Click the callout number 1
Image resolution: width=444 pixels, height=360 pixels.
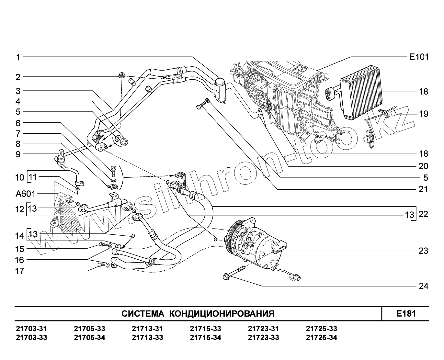(18, 58)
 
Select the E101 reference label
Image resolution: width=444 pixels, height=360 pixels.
(418, 57)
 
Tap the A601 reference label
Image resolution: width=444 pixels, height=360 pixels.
(25, 194)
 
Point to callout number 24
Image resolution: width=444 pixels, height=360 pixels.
(423, 286)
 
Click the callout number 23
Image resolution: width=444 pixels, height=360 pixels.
(423, 251)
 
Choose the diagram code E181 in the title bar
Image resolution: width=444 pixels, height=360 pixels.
(406, 313)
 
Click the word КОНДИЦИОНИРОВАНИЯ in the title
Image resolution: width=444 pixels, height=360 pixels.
(222, 314)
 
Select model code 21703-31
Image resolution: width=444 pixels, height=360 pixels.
(31, 329)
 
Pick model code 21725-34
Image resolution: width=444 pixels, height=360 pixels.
(321, 338)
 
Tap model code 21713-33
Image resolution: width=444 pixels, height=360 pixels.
(147, 338)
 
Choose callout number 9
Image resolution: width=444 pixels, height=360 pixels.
(18, 154)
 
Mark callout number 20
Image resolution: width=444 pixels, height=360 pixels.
(423, 166)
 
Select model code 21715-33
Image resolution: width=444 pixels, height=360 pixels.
(205, 329)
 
